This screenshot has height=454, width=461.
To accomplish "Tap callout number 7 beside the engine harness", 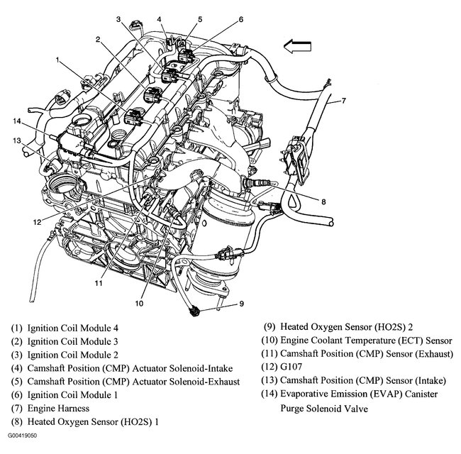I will (x=343, y=100).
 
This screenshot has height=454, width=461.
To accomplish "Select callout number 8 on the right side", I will (x=323, y=201).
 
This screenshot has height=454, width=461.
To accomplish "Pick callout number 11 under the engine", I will (x=99, y=282).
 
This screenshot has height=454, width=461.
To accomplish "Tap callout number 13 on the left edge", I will (x=16, y=140).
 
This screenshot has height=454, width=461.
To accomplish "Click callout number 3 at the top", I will (x=118, y=18).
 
